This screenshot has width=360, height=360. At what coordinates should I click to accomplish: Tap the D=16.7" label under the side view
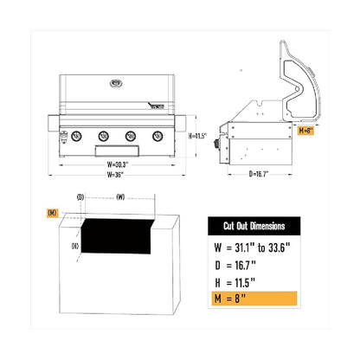(260, 174)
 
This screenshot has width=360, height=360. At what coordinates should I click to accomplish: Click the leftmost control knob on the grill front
(75, 136)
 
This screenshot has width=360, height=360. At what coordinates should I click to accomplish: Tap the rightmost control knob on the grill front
(157, 136)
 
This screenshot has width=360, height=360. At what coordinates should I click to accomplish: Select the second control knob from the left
(103, 136)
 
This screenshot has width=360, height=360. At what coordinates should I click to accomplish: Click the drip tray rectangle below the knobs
(117, 152)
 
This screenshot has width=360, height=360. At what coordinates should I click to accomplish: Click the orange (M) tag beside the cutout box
(53, 212)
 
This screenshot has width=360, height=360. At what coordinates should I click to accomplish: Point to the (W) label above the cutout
(120, 197)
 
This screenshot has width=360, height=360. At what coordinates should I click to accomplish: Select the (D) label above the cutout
(80, 197)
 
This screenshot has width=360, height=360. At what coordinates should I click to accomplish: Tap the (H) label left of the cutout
(75, 246)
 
